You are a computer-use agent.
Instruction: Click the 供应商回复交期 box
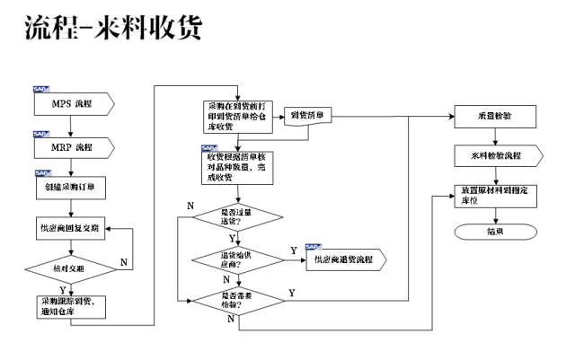pyautogui.click(x=72, y=230)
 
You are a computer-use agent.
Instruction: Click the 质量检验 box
pyautogui.click(x=495, y=117)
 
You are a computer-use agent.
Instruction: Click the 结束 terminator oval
pyautogui.click(x=495, y=231)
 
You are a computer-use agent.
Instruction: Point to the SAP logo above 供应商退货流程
pyautogui.click(x=314, y=247)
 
